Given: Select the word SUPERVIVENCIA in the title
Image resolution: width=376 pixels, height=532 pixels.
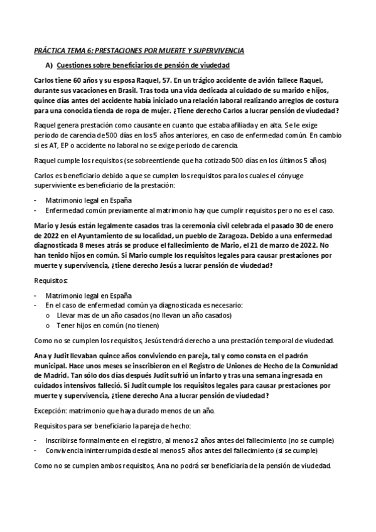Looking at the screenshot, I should [x=214, y=50].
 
